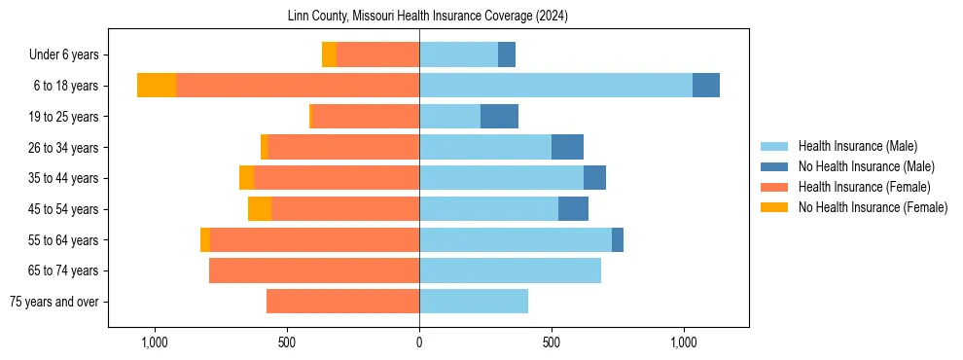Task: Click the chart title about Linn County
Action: tap(428, 17)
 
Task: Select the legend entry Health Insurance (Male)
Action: tap(857, 146)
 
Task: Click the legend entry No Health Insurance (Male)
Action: tap(863, 166)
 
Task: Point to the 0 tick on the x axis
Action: tap(419, 342)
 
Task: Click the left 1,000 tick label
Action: tap(155, 342)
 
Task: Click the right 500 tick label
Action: tap(552, 342)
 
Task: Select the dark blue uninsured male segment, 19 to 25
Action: tap(499, 117)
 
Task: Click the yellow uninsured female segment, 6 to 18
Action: tap(157, 86)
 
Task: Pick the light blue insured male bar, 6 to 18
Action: tap(555, 86)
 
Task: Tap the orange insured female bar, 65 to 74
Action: tap(314, 270)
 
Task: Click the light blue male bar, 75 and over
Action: tap(474, 302)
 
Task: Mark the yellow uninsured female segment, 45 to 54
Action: tap(260, 209)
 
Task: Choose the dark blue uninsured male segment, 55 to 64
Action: tap(618, 240)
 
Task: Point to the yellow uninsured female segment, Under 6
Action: tap(329, 54)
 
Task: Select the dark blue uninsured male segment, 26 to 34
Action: tap(567, 148)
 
